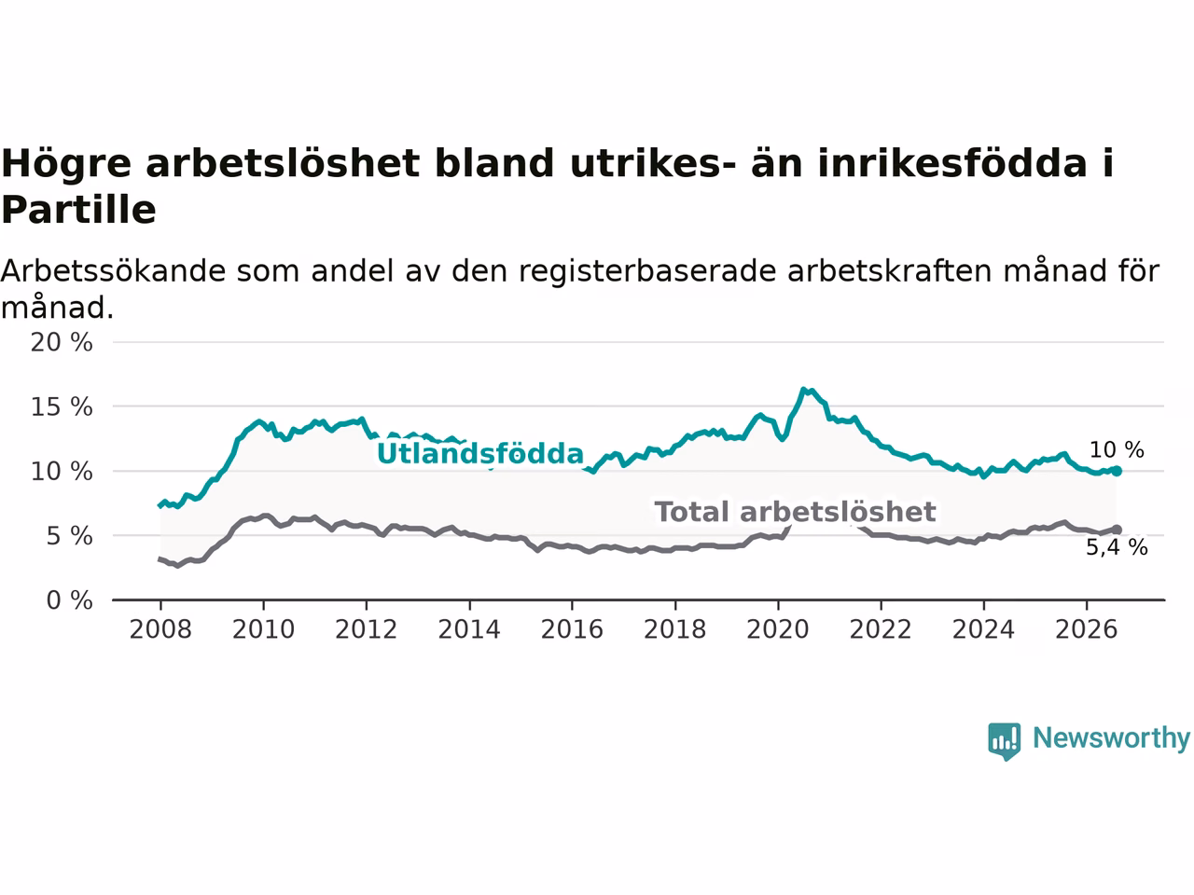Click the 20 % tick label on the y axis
coord(62,342)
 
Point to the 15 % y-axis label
coord(62,406)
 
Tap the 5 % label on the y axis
coord(69,536)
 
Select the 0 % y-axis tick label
coord(69,600)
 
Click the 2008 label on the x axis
coord(160,629)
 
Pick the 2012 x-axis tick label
coord(366,629)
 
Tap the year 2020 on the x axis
coord(778,629)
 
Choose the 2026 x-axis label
coord(1087,629)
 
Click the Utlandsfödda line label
coord(479,453)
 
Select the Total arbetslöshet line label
coord(795,512)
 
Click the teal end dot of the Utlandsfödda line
coord(1117,471)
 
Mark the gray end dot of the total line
coord(1117,530)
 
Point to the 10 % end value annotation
coord(1117,449)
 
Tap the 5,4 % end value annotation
coord(1117,546)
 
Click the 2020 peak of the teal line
coord(803,389)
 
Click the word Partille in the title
coord(79,210)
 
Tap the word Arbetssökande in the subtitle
coord(113,270)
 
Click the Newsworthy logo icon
coord(1004,741)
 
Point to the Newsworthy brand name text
coord(1111,739)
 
